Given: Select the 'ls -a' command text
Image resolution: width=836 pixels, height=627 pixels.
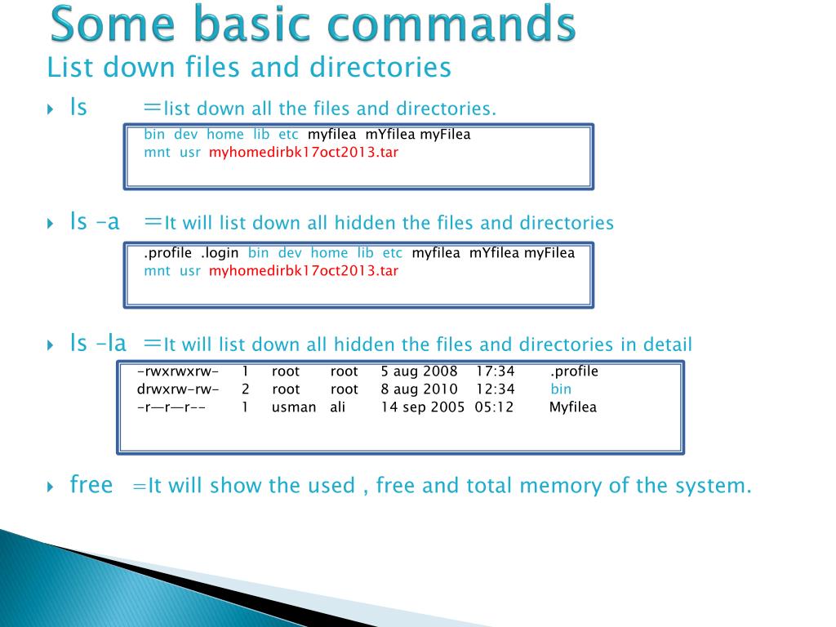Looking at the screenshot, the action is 96,221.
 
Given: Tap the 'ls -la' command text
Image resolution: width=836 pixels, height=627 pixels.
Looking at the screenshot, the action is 98,344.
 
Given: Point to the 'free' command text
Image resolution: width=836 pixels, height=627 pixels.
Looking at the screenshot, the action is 91,485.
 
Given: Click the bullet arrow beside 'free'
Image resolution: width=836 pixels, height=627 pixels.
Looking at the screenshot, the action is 50,487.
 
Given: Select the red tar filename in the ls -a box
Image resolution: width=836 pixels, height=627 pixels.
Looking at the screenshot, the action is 304,270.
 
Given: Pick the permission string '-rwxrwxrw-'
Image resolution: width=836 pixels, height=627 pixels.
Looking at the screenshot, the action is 178,371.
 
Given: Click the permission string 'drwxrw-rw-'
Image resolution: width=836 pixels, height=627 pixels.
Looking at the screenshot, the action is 178,389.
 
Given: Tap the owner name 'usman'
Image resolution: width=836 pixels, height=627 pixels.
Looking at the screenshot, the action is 294,407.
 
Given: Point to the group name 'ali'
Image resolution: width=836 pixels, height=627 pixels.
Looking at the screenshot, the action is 338,407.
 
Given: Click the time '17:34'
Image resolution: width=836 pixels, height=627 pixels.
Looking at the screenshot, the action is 496,371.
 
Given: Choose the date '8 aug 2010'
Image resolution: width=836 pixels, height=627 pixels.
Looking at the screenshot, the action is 420,389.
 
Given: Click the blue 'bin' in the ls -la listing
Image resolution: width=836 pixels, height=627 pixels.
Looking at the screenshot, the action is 561,389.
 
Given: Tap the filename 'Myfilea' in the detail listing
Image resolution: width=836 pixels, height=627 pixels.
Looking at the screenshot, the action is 573,407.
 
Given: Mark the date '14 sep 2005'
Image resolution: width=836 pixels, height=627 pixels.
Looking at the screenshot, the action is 423,407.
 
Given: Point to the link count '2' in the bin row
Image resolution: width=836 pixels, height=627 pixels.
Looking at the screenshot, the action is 245,389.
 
